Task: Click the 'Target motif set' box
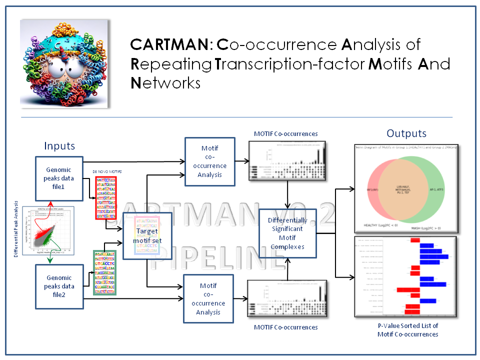point(147,235)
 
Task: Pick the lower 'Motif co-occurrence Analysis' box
point(209,299)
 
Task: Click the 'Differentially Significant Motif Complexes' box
point(287,233)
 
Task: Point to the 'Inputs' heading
point(59,146)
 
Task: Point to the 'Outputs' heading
point(406,133)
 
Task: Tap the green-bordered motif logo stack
point(104,273)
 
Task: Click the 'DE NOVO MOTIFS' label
point(108,172)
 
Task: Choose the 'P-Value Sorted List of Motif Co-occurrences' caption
point(407,330)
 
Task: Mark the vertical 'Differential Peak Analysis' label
point(16,229)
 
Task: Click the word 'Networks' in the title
point(165,82)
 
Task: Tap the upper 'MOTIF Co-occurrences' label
point(285,133)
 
